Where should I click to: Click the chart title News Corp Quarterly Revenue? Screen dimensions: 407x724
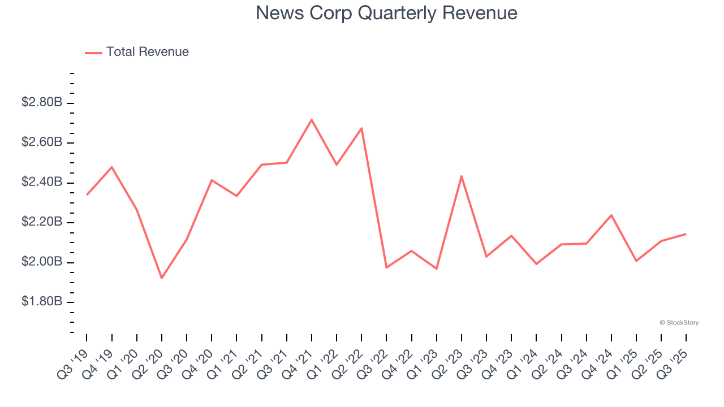[x=386, y=13]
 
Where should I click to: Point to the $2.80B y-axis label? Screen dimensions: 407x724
[x=42, y=102]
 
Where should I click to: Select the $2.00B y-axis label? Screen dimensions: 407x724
[x=42, y=262]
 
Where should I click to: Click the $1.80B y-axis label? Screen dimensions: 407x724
[x=42, y=301]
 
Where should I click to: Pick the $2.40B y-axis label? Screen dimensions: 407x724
[x=42, y=182]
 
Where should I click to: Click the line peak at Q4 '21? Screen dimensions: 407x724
[x=312, y=120]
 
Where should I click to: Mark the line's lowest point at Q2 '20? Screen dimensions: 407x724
[x=162, y=278]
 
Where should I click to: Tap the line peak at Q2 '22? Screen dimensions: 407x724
[x=361, y=128]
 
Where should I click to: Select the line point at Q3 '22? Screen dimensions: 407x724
[x=386, y=267]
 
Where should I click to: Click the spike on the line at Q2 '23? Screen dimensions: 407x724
[x=462, y=176]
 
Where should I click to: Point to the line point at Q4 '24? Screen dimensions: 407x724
[x=611, y=215]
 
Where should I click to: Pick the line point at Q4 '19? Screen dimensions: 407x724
[x=112, y=167]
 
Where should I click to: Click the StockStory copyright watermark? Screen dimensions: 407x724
[x=679, y=323]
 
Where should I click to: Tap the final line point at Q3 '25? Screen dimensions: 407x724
[x=686, y=234]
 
